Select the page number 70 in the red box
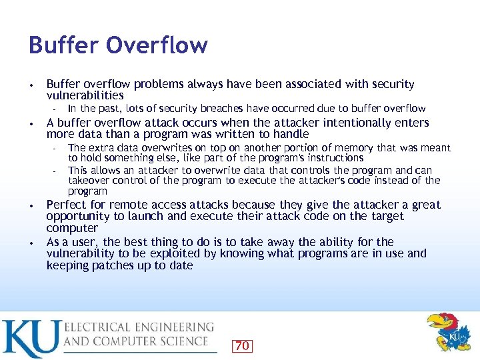242,345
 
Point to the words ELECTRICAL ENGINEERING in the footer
139,328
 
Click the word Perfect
66,205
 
